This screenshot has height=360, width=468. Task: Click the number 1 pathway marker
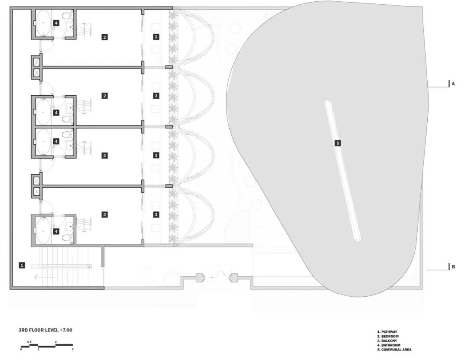point(22,265)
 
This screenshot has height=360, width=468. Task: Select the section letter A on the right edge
point(453,84)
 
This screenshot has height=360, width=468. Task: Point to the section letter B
point(453,267)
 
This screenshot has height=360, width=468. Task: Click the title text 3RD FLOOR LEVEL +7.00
point(45,330)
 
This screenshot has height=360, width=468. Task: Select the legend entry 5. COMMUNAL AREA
point(394,350)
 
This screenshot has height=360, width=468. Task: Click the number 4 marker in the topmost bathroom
point(56,23)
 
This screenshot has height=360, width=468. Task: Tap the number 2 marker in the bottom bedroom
point(104,214)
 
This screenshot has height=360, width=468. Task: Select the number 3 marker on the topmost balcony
point(156,37)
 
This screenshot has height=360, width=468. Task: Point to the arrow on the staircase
point(45,277)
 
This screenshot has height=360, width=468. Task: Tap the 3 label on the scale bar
point(72,349)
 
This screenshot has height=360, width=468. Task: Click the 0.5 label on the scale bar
point(29,342)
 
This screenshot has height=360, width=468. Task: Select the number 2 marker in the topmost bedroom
point(104,37)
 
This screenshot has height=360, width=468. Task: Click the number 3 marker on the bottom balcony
point(156,214)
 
